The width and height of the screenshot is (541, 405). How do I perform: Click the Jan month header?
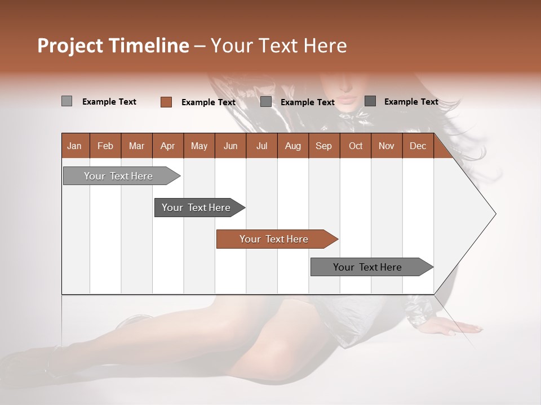[x=74, y=146]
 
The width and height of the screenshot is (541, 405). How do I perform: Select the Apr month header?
[x=167, y=146]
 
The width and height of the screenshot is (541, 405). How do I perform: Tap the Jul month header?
[x=261, y=146]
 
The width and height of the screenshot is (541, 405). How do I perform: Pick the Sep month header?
[x=323, y=146]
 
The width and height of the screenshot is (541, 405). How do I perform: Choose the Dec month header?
[x=418, y=146]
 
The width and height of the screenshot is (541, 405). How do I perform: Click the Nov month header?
[x=386, y=146]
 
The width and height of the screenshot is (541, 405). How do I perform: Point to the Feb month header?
[x=105, y=146]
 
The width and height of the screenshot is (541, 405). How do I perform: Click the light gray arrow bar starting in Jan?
[x=118, y=176]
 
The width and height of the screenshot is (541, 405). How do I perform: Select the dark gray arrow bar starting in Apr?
[x=196, y=208]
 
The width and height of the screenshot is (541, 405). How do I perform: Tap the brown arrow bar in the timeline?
[x=274, y=239]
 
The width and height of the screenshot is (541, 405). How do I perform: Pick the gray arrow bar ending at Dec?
[x=367, y=267]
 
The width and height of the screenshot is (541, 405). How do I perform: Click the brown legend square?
[x=166, y=102]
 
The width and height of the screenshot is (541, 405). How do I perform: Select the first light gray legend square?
[x=66, y=101]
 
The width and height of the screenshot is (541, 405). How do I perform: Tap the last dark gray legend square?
[x=370, y=101]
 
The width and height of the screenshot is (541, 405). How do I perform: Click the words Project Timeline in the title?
[x=113, y=46]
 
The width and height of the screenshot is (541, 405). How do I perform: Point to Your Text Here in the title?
[x=279, y=46]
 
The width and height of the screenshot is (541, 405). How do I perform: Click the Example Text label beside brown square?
[x=208, y=102]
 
